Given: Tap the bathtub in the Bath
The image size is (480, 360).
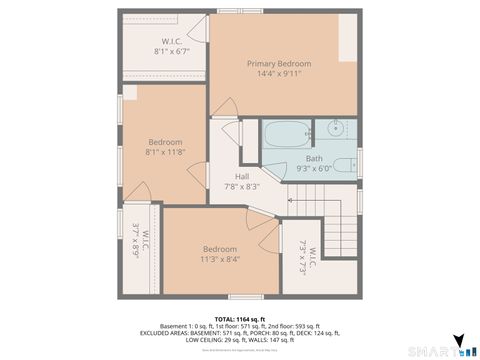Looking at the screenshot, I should pos(287,134).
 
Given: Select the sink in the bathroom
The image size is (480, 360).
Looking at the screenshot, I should pos(336,129).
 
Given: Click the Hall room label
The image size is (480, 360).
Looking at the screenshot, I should pos(242,176).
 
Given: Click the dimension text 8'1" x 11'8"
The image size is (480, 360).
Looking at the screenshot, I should pos(166,153).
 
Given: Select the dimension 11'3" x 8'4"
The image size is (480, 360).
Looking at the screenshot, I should pos(220,259).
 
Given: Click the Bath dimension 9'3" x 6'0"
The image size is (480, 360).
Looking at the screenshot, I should pos(314,169).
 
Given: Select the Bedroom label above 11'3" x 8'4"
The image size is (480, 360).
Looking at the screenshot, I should pos(220,249).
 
